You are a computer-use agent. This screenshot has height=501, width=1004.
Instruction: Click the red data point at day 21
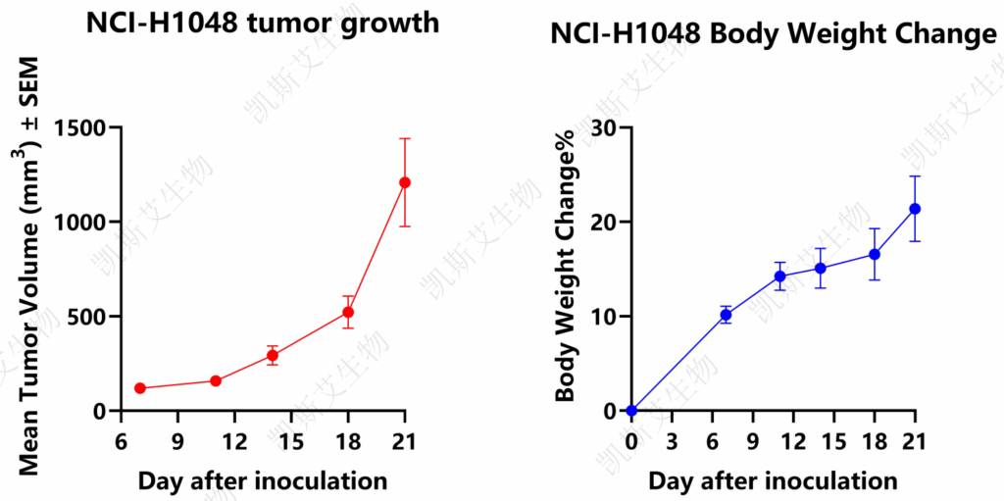coord(405,182)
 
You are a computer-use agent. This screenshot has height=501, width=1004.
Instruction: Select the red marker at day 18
coord(348,312)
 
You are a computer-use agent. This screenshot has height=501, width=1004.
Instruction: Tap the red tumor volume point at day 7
coord(140,388)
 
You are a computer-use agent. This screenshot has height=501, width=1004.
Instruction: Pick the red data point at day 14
coord(273,355)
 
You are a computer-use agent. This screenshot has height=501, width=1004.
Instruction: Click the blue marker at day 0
coord(632,411)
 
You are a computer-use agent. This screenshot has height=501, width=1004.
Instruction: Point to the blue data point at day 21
coord(915,209)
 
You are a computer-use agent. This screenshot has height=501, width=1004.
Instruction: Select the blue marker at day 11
coord(779,276)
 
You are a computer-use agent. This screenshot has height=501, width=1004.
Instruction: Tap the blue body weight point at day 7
coord(727,315)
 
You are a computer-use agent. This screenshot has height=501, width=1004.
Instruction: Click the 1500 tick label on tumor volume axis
coord(81,127)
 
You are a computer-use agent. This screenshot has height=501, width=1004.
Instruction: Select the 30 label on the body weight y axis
coord(604,127)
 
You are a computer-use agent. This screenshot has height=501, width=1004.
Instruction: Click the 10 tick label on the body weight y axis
coord(604,317)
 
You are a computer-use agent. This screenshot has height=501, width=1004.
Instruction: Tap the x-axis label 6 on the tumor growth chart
coord(121,441)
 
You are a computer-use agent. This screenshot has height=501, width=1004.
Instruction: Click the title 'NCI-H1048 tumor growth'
coord(263,25)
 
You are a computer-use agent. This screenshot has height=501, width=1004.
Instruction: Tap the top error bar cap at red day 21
coord(405,138)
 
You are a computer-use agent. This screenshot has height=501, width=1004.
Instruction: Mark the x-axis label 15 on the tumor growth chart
coord(291,441)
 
